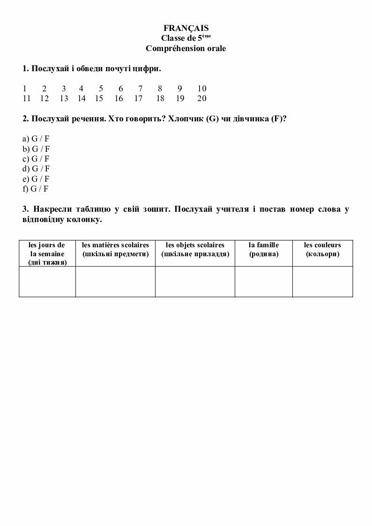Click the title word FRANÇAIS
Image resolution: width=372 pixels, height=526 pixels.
(186, 29)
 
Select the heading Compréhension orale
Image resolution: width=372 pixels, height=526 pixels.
(186, 48)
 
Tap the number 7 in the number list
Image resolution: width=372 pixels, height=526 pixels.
(140, 89)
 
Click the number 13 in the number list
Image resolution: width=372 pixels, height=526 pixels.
(64, 98)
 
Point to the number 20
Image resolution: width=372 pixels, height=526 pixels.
(202, 98)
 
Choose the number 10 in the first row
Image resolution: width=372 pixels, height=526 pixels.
(202, 89)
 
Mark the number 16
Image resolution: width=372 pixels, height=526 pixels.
(119, 98)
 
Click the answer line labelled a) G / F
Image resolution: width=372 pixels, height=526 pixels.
(36, 139)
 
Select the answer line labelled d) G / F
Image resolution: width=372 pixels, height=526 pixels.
(36, 169)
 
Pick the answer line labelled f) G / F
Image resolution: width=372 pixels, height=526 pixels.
(36, 189)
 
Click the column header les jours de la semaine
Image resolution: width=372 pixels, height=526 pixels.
(47, 253)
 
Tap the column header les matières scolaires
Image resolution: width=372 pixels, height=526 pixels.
(115, 249)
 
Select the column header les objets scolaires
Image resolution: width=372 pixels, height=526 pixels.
(195, 249)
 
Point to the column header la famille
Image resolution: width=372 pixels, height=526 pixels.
(264, 249)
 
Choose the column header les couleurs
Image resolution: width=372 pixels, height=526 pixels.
(322, 249)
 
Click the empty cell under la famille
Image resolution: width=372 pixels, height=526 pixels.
(264, 282)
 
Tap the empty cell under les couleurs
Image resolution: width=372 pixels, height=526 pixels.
(322, 282)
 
